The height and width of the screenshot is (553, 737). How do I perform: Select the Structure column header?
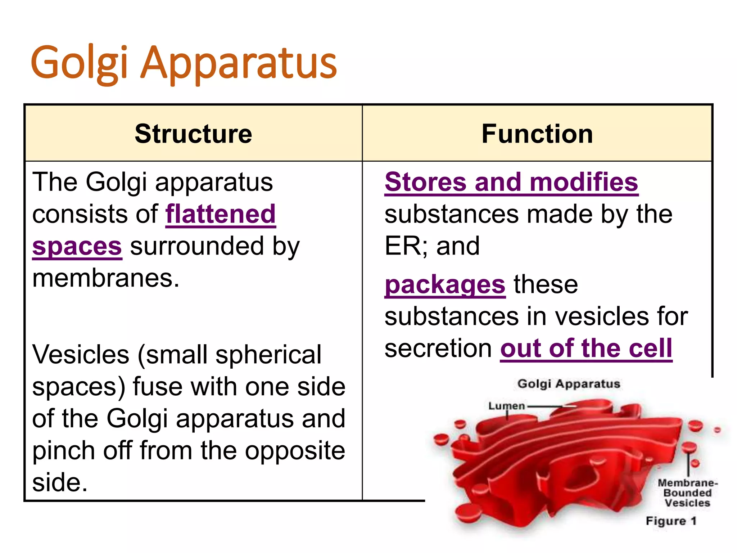pyautogui.click(x=193, y=134)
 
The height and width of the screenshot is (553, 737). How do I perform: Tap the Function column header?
pyautogui.click(x=537, y=134)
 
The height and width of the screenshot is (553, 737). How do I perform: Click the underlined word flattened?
pyautogui.click(x=221, y=214)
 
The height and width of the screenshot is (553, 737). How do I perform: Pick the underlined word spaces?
pyautogui.click(x=77, y=247)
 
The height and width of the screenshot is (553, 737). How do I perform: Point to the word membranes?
pyautogui.click(x=105, y=278)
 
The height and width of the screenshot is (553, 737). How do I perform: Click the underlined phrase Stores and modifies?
pyautogui.click(x=511, y=182)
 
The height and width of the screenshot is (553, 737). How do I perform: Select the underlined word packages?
pyautogui.click(x=445, y=285)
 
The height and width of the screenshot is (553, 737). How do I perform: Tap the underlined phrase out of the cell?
pyautogui.click(x=586, y=349)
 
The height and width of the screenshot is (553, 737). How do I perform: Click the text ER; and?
pyautogui.click(x=432, y=246)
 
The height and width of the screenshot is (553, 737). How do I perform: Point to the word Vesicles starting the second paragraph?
pyautogui.click(x=81, y=355)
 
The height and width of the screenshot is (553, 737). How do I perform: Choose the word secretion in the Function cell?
pyautogui.click(x=438, y=349)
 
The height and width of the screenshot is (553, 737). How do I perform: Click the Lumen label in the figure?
pyautogui.click(x=506, y=406)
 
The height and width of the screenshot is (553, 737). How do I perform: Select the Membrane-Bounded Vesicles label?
pyautogui.click(x=687, y=493)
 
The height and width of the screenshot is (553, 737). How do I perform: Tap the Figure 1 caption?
pyautogui.click(x=671, y=521)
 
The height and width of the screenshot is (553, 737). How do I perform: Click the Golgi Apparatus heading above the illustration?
pyautogui.click(x=569, y=384)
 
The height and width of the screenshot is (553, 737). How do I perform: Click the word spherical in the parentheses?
pyautogui.click(x=268, y=355)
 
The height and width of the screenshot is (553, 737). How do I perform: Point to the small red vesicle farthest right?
pyautogui.click(x=718, y=430)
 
